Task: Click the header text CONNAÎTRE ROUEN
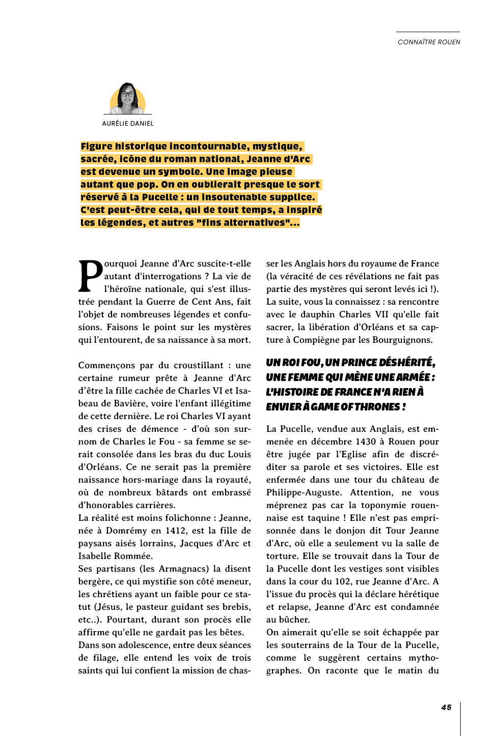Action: pos(429,42)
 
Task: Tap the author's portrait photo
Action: pos(127,99)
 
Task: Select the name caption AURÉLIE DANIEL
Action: pos(128,124)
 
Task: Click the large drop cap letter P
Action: pos(90,277)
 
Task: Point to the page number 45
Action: pos(446,708)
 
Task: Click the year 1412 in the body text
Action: pos(176,531)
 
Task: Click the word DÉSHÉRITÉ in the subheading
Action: pos(406,363)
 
